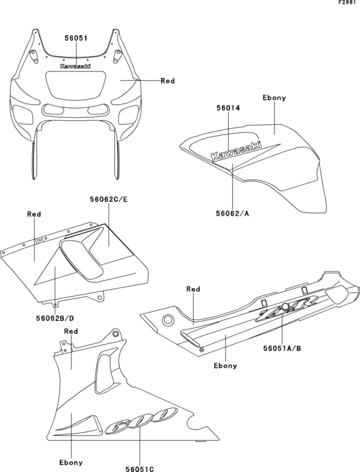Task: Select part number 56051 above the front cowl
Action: (x=76, y=38)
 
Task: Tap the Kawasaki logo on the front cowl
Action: (x=76, y=66)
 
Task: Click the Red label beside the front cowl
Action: (x=168, y=81)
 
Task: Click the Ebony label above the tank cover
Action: (x=274, y=98)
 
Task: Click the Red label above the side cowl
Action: (x=35, y=213)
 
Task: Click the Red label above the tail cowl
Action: (x=194, y=289)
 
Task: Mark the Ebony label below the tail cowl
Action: (x=225, y=365)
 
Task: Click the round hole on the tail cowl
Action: (x=168, y=320)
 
